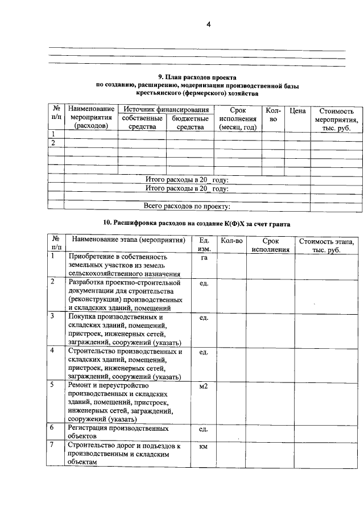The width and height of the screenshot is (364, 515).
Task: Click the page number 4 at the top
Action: pos(209,24)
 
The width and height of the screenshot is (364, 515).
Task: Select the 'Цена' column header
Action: pos(297,110)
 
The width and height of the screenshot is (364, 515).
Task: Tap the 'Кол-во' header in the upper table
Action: pos(273,114)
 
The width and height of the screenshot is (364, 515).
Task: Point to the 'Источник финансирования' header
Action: pos(166,109)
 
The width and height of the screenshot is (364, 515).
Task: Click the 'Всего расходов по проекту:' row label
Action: pos(187,205)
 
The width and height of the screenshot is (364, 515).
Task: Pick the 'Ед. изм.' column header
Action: pos(204,245)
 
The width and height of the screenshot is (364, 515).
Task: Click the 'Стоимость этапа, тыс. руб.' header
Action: pos(326,245)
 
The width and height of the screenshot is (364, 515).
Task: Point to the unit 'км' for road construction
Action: pos(204,447)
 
